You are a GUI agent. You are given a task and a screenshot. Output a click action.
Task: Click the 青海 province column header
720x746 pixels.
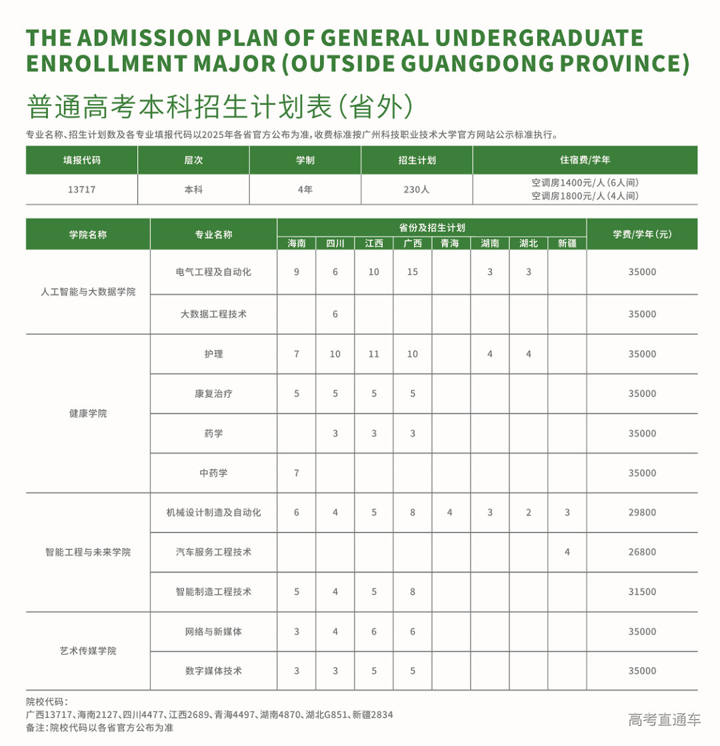click(451, 244)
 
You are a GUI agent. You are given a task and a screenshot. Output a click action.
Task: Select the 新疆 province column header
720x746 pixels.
click(567, 244)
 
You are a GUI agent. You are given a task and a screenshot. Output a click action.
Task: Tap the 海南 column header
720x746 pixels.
click(297, 244)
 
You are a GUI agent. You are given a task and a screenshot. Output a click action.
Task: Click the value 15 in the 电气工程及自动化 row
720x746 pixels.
click(413, 272)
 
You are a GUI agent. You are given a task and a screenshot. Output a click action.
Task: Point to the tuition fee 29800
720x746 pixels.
click(642, 512)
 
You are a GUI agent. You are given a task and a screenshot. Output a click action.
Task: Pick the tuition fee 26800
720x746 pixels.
click(642, 552)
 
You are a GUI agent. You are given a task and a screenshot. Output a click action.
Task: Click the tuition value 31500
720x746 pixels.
click(642, 592)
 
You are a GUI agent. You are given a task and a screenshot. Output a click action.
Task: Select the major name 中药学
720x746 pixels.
click(213, 473)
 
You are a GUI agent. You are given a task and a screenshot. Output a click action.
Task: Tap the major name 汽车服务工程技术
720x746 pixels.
click(213, 552)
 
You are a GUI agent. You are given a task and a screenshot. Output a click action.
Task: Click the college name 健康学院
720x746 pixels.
click(88, 414)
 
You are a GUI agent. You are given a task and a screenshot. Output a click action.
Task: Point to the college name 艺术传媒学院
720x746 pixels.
click(88, 651)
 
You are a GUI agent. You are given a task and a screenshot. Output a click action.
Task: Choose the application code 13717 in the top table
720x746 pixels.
click(81, 190)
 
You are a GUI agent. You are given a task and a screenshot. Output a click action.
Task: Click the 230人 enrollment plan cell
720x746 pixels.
click(417, 190)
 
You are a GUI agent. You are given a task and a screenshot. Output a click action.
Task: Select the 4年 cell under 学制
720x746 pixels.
click(305, 190)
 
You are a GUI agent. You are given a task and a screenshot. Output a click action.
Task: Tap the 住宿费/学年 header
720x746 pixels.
click(585, 161)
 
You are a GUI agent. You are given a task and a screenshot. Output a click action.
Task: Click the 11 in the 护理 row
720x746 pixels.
click(374, 354)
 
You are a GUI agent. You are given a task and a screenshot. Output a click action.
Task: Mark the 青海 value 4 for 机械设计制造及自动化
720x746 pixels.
click(450, 512)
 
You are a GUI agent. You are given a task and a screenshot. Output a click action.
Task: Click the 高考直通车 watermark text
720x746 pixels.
click(665, 720)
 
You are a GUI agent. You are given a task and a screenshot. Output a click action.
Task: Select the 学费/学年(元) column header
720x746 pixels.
click(642, 234)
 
